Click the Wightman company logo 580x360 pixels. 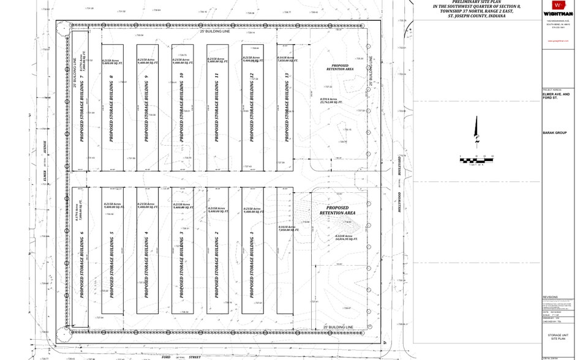tap(557, 10)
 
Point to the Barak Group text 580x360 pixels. tap(557, 133)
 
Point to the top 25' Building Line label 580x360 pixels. tap(214, 31)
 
